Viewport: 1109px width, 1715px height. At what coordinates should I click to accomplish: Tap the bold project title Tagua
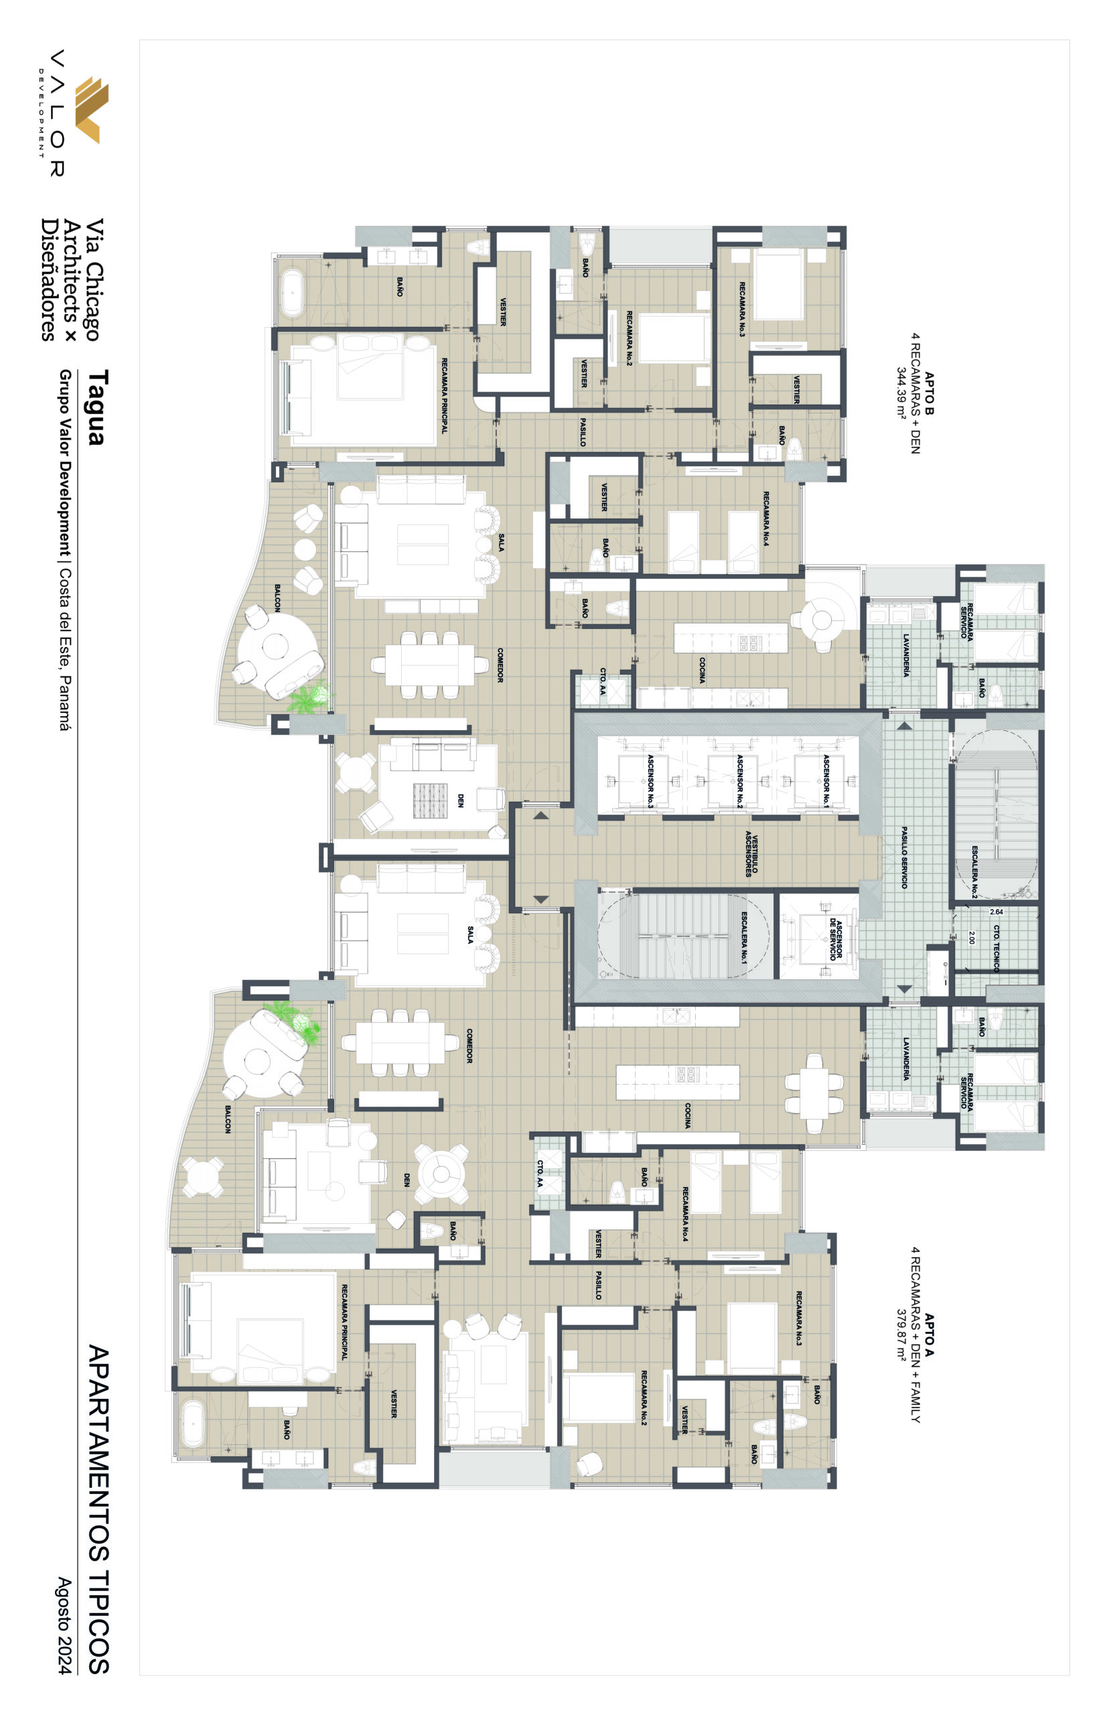coord(97,408)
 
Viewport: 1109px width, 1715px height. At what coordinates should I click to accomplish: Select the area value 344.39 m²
coord(901,393)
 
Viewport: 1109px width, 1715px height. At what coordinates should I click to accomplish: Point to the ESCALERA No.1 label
coord(744,937)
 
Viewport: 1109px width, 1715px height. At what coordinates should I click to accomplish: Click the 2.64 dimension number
coord(996,912)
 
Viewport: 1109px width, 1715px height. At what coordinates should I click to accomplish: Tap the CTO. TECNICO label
coord(996,949)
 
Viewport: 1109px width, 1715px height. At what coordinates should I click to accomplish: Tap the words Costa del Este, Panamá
coord(65,649)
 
